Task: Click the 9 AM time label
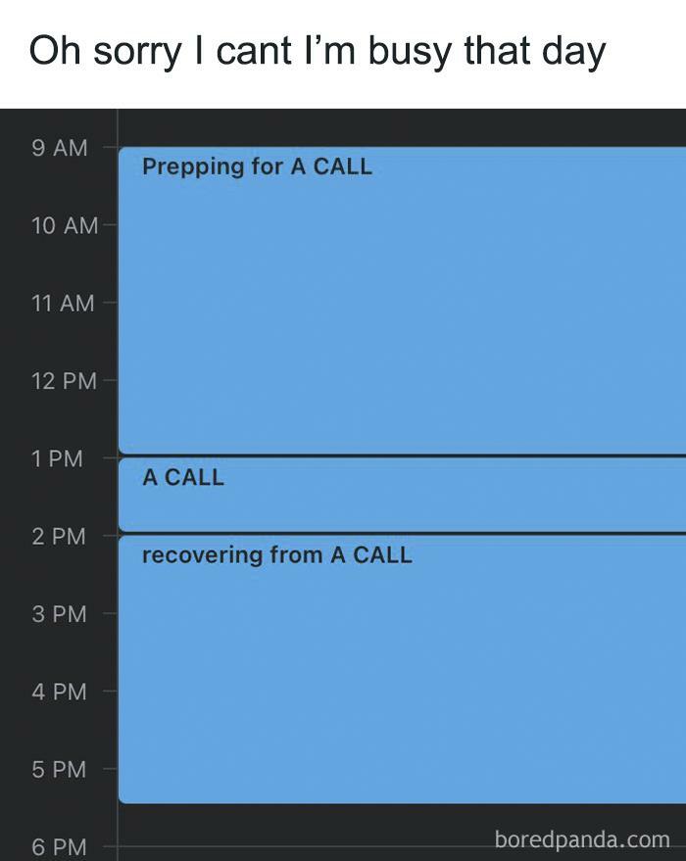pyautogui.click(x=60, y=148)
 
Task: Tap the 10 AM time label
pyautogui.click(x=65, y=225)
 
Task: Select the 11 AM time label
pyautogui.click(x=63, y=303)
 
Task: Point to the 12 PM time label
pyautogui.click(x=64, y=381)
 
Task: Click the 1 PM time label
pyautogui.click(x=57, y=458)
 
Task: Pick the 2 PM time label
pyautogui.click(x=59, y=536)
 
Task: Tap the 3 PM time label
pyautogui.click(x=59, y=614)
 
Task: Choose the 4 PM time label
pyautogui.click(x=59, y=692)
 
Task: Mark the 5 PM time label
pyautogui.click(x=59, y=769)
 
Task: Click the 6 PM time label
pyautogui.click(x=59, y=846)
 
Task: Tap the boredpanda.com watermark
pyautogui.click(x=582, y=839)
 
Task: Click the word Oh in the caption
pyautogui.click(x=54, y=51)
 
